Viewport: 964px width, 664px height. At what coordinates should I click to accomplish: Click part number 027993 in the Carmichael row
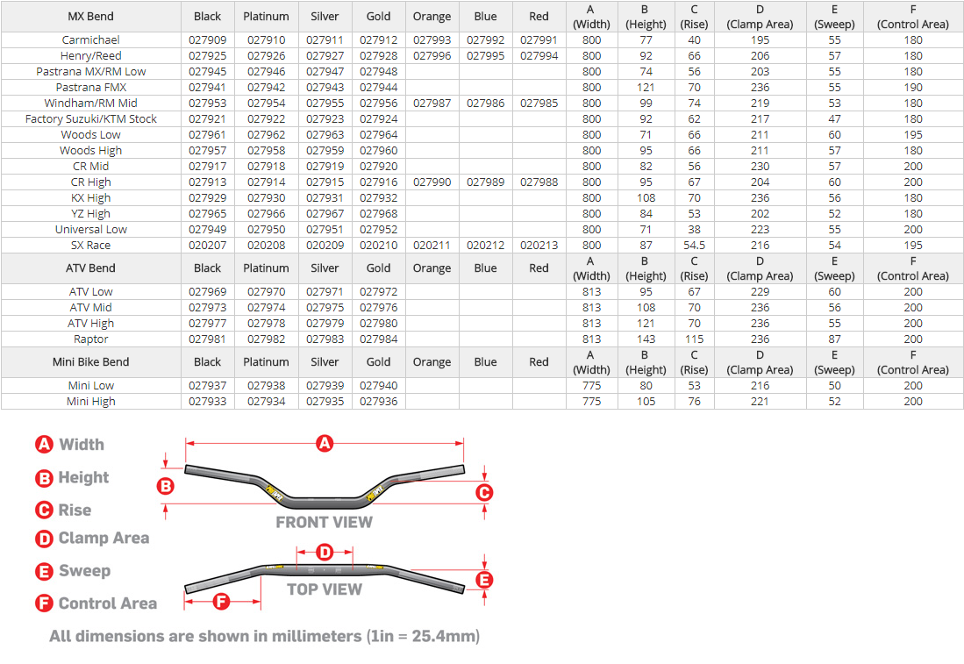coord(432,40)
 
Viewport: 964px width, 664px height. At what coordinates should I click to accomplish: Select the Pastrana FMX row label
coord(91,88)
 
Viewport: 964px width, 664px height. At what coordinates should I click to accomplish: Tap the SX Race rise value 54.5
coord(694,246)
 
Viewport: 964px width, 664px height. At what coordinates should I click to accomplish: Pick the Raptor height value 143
coord(646,339)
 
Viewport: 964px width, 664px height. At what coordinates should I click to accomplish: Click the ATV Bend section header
coord(91,268)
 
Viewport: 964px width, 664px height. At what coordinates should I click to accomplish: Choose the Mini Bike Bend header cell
coord(91,362)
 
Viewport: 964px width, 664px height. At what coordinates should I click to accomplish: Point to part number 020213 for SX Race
coord(539,246)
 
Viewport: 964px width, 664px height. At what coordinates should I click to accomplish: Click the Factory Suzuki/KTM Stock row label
coord(91,119)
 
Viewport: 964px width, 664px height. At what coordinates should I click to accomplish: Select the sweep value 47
coord(834,119)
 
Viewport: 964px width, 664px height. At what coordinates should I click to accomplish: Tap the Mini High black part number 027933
coord(207,402)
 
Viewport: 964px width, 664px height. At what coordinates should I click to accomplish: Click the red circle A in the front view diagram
coord(325,444)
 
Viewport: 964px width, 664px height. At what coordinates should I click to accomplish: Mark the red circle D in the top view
coord(325,553)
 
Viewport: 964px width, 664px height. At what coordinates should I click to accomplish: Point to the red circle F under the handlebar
coord(221,602)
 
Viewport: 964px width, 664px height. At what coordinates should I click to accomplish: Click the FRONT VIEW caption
coord(324,523)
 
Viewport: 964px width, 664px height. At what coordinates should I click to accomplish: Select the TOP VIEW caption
coord(325,589)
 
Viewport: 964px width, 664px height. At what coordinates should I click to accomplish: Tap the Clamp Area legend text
coord(104,539)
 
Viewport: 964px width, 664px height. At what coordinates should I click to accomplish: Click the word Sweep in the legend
coord(84,571)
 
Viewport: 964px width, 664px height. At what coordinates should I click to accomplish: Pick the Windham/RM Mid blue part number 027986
coord(485,104)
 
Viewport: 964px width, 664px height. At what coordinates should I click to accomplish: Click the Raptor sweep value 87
coord(834,339)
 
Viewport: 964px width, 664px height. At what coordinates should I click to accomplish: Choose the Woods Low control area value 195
coord(913,135)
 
